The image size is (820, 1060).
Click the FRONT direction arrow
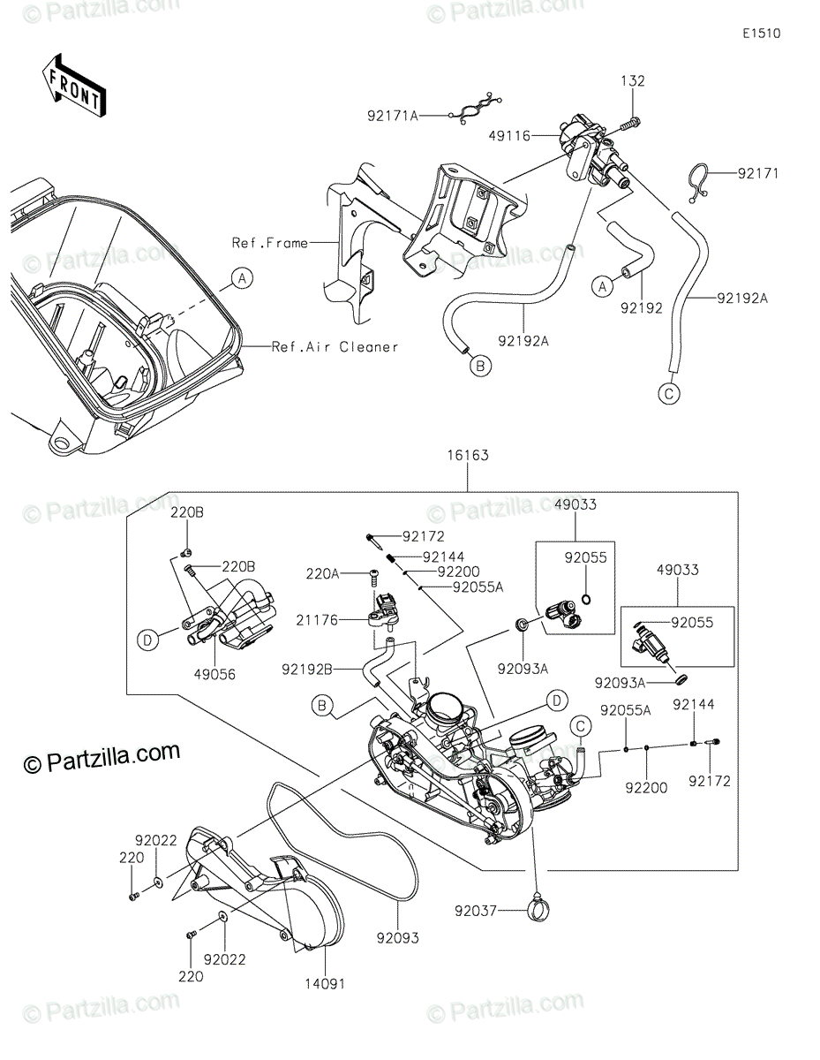coord(73,87)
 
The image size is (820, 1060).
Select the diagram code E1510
coord(761,34)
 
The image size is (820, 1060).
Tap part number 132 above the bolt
coord(632,81)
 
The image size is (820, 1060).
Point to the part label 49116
coord(509,136)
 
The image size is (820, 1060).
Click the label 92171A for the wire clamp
coord(392,116)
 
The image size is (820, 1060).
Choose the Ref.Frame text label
coord(270,242)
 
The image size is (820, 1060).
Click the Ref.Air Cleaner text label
coord(335,347)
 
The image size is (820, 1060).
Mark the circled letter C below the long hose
coord(668,393)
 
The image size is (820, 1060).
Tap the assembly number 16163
coord(468,455)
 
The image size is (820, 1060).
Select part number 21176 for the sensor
coord(317,620)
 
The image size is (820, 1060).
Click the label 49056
coord(214,674)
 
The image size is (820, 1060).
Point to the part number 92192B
coord(307,670)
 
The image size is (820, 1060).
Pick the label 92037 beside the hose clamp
coord(476,911)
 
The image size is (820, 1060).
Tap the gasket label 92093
coord(397,937)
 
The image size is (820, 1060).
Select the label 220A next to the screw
coord(322,574)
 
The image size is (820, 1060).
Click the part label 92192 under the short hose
coord(641,308)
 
